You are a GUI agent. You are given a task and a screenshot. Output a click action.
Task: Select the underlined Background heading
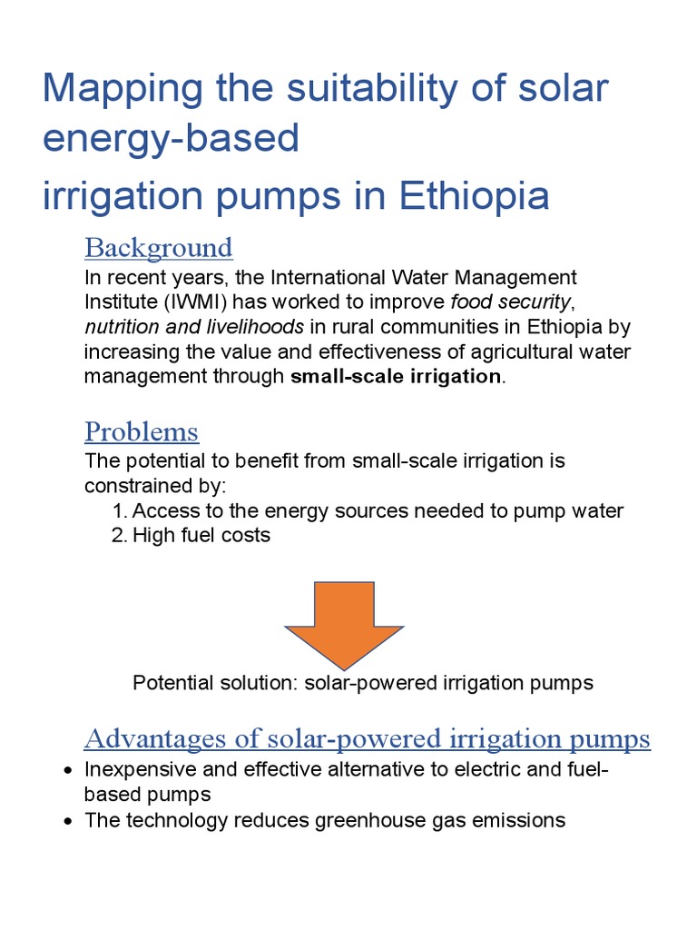pyautogui.click(x=159, y=248)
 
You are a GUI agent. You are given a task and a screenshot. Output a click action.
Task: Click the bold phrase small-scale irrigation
pyautogui.click(x=396, y=377)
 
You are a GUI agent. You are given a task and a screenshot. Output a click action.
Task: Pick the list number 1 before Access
pyautogui.click(x=119, y=511)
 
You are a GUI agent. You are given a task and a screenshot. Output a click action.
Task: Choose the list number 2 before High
pyautogui.click(x=119, y=536)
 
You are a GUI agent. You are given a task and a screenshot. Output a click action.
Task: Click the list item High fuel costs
pyautogui.click(x=201, y=536)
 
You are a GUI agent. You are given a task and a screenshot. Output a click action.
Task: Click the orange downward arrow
pyautogui.click(x=344, y=621)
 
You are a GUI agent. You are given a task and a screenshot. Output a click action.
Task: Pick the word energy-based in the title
pyautogui.click(x=171, y=139)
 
